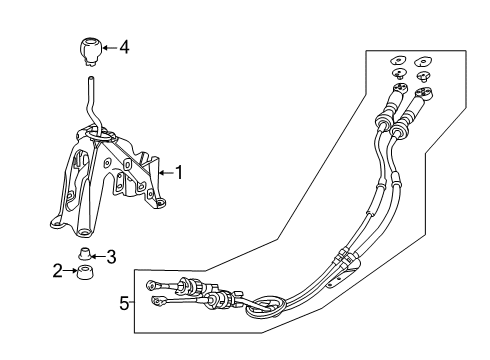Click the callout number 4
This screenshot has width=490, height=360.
point(124,47)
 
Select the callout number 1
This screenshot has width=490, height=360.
point(179,172)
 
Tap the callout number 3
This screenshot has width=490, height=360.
point(111,257)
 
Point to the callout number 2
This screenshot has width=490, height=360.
point(58,271)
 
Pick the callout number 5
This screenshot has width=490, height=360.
point(124,304)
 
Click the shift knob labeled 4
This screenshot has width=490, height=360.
point(90,52)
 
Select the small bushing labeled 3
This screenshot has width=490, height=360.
point(85,254)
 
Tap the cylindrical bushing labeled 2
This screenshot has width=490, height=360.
point(85,272)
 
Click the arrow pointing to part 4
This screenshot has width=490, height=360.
point(110,48)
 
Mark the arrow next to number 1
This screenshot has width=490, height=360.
point(167,172)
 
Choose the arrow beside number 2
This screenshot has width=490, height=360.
point(70,271)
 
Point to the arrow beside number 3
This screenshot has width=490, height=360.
point(98,256)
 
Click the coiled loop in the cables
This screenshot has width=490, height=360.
point(266,307)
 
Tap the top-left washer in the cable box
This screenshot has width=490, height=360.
point(398,61)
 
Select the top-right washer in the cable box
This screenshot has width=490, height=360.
point(423,62)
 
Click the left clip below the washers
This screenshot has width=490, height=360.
point(398,74)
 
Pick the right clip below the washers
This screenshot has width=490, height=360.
point(423,76)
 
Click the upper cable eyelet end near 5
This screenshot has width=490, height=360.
point(151,285)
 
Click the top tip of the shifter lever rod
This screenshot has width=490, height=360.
point(90,79)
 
